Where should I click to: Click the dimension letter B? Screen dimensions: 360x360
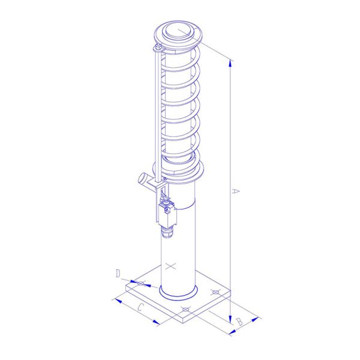(x=238, y=322)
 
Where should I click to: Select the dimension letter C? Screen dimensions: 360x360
(x=140, y=308)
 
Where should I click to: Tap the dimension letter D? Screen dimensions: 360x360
(x=118, y=274)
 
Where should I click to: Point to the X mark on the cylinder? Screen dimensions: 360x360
(x=172, y=265)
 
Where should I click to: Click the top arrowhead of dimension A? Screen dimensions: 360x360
(x=230, y=61)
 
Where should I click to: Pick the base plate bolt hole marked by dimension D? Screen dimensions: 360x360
(x=141, y=283)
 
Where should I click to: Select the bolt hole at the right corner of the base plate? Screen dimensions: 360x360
(x=216, y=293)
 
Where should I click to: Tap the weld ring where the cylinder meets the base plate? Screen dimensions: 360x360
(x=179, y=294)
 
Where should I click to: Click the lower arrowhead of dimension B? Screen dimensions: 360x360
(x=230, y=332)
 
